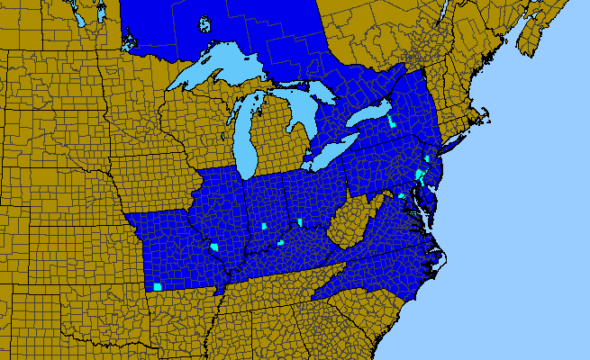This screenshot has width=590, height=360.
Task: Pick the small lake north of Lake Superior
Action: [x=204, y=24]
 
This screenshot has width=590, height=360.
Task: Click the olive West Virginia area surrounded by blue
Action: [x=347, y=220]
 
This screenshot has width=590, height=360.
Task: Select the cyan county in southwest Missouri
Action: [x=157, y=287]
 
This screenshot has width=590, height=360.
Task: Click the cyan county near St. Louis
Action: [x=214, y=247]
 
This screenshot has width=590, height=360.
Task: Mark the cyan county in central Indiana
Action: [x=264, y=226]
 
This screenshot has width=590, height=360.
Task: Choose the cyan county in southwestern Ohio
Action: [x=299, y=222]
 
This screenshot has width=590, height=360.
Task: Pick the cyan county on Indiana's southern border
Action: [x=281, y=242]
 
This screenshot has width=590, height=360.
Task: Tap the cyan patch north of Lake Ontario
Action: [x=392, y=122]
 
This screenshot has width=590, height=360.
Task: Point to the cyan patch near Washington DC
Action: [x=402, y=195]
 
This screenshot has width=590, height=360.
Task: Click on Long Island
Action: [x=456, y=139]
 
